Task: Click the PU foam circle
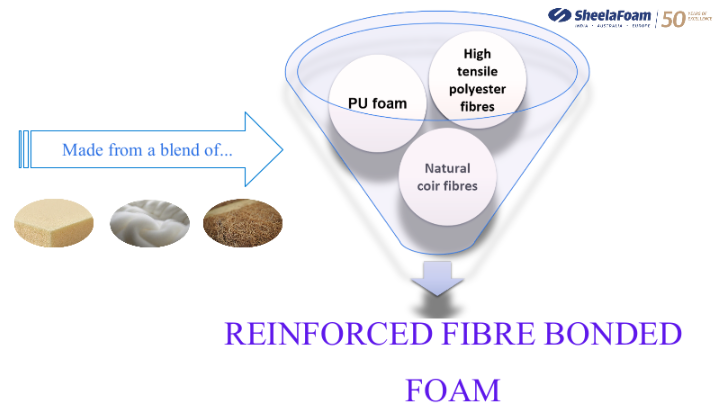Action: pyautogui.click(x=379, y=103)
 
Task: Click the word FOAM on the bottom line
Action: pyautogui.click(x=451, y=386)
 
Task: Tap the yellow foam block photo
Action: pyautogui.click(x=55, y=222)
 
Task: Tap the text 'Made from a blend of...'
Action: pyautogui.click(x=147, y=150)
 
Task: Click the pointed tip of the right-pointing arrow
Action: pyautogui.click(x=283, y=150)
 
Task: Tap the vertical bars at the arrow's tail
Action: pyautogui.click(x=22, y=150)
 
